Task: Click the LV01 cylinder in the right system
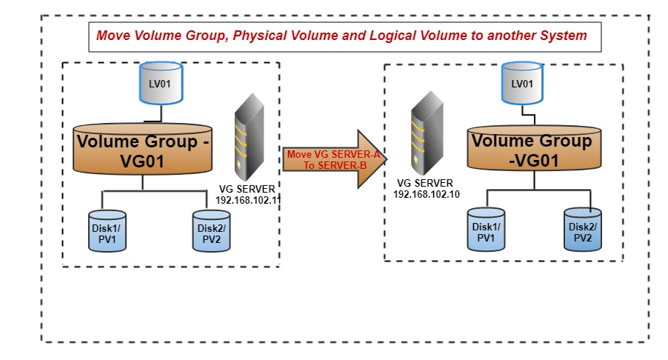[x=522, y=84]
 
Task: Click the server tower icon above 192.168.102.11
[x=249, y=139]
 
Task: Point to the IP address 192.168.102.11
[x=247, y=200]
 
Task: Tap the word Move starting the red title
[x=112, y=36]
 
